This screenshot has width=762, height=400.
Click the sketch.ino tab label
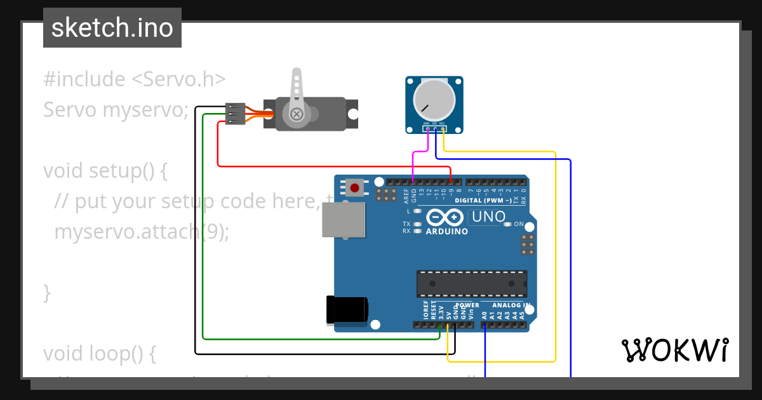[112, 28]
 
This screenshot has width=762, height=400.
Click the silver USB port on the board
[344, 220]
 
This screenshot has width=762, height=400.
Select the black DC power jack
[347, 309]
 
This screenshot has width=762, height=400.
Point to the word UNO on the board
[488, 217]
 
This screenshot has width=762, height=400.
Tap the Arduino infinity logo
[444, 218]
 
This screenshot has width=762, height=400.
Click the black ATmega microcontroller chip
[472, 283]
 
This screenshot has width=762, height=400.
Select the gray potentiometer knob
[434, 100]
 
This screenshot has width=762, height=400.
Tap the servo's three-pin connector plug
[236, 114]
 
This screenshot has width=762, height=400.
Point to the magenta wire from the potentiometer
[413, 162]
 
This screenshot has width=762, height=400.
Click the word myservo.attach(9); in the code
[141, 232]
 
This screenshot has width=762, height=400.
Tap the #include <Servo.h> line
[135, 79]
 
